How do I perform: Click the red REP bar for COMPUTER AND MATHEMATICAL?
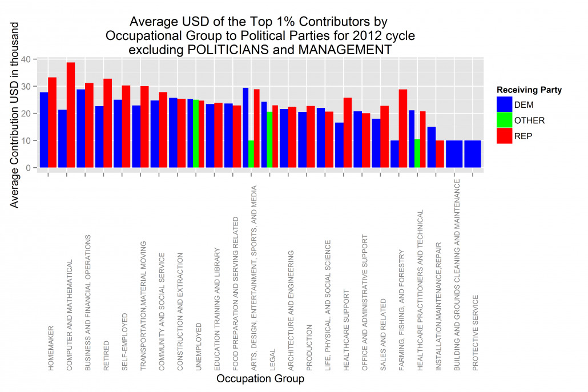[x=71, y=115]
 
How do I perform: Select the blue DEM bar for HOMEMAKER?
[x=44, y=130]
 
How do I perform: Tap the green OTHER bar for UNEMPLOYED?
[x=196, y=134]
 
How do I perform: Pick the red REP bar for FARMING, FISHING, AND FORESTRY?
[x=403, y=128]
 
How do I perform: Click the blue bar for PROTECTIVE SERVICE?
[x=473, y=154]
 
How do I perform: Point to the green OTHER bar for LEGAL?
[x=269, y=139]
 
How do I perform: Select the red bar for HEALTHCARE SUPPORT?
[x=348, y=133]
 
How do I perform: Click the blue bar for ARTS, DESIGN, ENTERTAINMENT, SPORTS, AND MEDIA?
[x=245, y=128]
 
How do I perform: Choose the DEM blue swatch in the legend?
[x=505, y=104]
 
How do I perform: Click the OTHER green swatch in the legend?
[x=505, y=120]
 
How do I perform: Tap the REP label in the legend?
[x=523, y=136]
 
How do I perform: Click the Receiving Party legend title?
[x=529, y=90]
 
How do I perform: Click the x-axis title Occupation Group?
[x=260, y=378]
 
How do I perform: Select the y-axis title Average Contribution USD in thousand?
[x=14, y=115]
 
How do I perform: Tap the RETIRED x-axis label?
[x=107, y=356]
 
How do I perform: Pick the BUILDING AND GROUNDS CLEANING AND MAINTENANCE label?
[x=457, y=275]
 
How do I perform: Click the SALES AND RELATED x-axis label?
[x=383, y=335]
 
